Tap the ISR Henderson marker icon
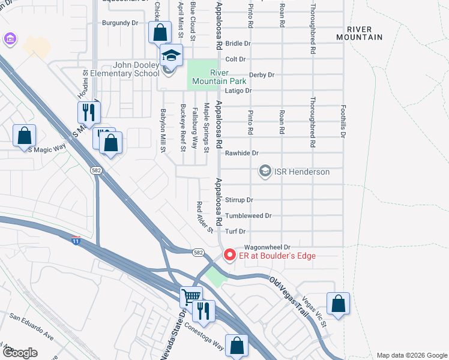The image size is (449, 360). tap(264, 172)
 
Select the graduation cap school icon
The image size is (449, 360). tap(171, 56)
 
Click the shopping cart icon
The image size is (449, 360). tap(191, 296)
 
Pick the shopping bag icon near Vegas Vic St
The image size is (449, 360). tap(339, 303)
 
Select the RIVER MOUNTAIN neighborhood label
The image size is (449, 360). tap(364, 33)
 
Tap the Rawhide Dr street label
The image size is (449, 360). tap(241, 153)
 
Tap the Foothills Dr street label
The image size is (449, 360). tap(343, 126)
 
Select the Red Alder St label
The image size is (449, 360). tap(205, 217)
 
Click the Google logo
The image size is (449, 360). tap(20, 353)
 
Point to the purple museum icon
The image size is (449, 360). tap(10, 40)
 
